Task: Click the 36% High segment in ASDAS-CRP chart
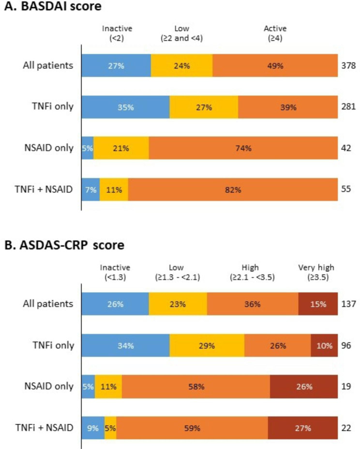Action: tap(252, 304)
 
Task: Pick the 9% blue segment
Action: tap(93, 428)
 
